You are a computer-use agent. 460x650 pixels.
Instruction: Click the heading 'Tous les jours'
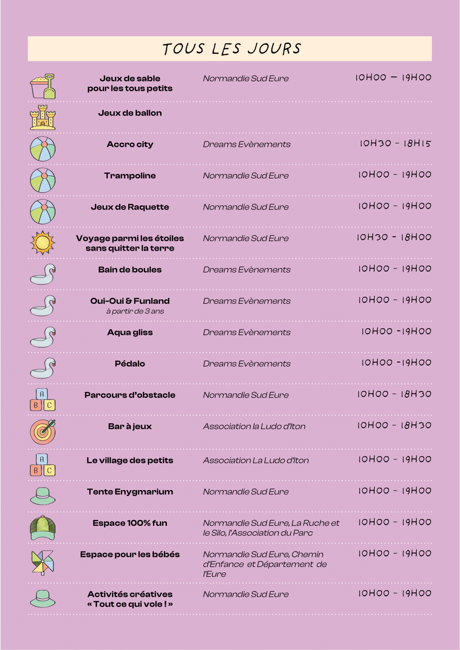232,49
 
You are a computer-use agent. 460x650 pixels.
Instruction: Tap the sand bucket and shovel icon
43,86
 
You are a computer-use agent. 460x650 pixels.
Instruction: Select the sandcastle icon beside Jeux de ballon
43,118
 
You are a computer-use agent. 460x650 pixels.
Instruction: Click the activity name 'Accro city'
130,144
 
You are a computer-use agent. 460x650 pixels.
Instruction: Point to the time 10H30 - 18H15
395,143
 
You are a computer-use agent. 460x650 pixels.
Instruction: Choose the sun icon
43,243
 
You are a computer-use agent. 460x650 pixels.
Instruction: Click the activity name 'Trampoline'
130,176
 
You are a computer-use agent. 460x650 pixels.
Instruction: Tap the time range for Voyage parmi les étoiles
394,237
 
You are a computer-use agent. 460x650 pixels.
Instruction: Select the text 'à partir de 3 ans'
135,311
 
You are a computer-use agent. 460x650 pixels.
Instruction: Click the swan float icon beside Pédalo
43,368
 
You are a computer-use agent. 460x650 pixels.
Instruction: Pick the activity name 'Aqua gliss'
130,332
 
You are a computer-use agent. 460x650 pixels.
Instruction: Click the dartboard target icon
43,431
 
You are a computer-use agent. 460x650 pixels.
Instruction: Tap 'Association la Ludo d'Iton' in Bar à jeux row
254,426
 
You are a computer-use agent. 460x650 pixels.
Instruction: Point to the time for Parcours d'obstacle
394,394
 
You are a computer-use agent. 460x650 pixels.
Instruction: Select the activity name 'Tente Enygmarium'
130,492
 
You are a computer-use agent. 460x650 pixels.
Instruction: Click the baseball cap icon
43,528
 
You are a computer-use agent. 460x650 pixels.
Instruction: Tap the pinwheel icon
43,562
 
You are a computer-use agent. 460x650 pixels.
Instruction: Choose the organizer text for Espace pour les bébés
265,564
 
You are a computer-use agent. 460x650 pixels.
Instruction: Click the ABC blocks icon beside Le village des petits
43,465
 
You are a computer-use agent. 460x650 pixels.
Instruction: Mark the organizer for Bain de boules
247,270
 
